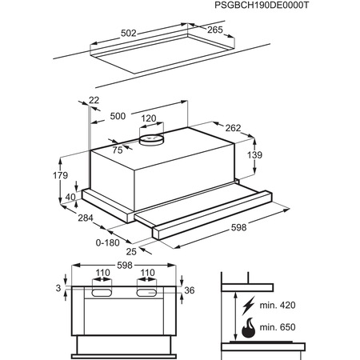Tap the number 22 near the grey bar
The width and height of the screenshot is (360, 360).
94,99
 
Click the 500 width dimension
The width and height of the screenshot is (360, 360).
118,117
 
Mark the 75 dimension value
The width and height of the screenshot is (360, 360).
118,149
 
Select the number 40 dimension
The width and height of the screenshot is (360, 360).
71,197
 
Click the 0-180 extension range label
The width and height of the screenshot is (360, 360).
107,242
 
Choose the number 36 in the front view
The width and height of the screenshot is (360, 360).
190,290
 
